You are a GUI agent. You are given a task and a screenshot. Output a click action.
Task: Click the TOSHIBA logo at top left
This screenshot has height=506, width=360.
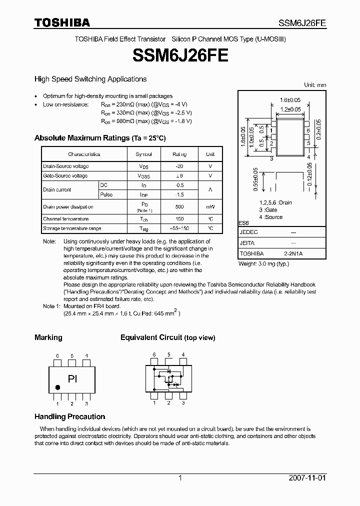pyautogui.click(x=62, y=23)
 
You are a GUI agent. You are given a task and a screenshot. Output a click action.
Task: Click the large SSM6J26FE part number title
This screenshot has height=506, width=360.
pyautogui.click(x=180, y=55)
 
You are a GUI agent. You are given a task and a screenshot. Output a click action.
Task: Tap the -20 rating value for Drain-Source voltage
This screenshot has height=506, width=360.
pyautogui.click(x=179, y=166)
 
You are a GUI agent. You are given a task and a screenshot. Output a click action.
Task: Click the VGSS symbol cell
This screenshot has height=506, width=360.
pyautogui.click(x=144, y=176)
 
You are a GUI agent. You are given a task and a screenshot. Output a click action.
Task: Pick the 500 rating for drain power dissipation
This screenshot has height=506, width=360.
pyautogui.click(x=179, y=207)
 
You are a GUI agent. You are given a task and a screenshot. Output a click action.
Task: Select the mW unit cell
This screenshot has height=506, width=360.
pyautogui.click(x=210, y=207)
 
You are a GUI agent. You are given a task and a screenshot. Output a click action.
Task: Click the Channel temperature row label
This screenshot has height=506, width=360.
pyautogui.click(x=66, y=219)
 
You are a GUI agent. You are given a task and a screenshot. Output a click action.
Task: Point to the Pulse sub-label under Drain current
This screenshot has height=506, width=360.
pyautogui.click(x=106, y=194)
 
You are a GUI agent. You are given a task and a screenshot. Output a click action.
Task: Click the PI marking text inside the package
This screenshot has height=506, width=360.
pyautogui.click(x=72, y=378)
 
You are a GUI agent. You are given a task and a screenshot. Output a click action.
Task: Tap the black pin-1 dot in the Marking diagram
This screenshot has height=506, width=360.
pyautogui.click(x=57, y=387)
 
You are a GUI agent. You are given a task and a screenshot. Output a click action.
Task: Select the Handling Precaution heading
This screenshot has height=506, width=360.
pyautogui.click(x=69, y=416)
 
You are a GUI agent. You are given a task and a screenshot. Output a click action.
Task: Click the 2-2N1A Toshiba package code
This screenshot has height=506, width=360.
pyautogui.click(x=293, y=254)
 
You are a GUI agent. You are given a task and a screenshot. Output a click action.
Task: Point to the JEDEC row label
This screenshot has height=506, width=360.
pyautogui.click(x=248, y=233)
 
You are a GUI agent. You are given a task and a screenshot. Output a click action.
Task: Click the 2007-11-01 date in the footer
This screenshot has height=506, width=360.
pyautogui.click(x=307, y=478)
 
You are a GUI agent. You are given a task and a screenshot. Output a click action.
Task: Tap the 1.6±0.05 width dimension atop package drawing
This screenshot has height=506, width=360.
pyautogui.click(x=290, y=100)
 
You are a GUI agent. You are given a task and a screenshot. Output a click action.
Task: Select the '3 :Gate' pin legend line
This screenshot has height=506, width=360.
pyautogui.click(x=268, y=210)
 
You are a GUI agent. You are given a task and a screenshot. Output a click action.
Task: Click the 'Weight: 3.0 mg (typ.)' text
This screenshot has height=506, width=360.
pyautogui.click(x=263, y=263)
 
